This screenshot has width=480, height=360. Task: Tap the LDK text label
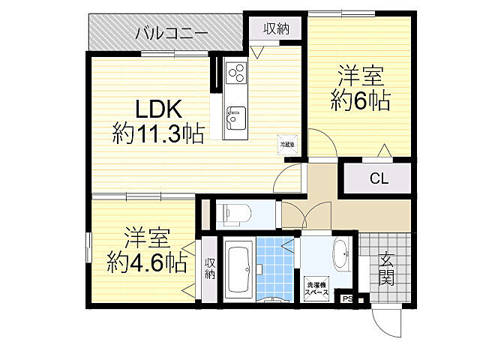(158, 109)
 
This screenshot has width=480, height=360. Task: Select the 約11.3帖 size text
(158, 134)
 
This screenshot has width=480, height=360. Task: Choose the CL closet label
(379, 178)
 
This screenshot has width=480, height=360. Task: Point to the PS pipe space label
(346, 299)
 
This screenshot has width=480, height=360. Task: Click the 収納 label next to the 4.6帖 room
(210, 268)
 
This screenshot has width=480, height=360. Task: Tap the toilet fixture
(235, 214)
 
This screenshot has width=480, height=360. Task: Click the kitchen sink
(235, 118)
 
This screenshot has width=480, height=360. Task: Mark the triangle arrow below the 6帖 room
(384, 151)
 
